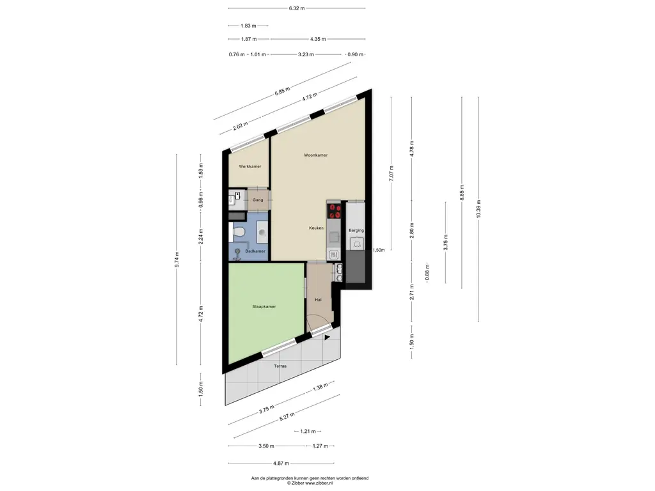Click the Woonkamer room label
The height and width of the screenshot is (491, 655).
click(x=315, y=155)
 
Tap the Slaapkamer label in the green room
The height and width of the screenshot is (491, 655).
click(x=264, y=306)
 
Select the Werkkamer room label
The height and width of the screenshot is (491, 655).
click(x=250, y=167)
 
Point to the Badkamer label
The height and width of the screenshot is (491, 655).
click(x=255, y=251)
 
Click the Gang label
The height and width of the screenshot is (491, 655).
click(x=258, y=200)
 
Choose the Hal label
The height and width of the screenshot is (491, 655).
click(x=319, y=300)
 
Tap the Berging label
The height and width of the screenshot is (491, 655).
click(x=356, y=230)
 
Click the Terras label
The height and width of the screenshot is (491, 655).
click(x=280, y=366)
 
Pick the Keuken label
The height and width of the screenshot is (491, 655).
click(x=316, y=228)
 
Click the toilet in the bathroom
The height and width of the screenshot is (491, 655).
click(x=237, y=232)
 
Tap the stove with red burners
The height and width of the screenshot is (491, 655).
click(x=334, y=211)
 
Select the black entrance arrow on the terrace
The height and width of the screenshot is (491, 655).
click(x=327, y=338)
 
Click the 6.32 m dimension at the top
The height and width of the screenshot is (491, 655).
click(x=297, y=8)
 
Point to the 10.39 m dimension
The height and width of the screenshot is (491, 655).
click(x=478, y=208)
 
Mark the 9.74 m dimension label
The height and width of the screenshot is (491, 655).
click(x=177, y=259)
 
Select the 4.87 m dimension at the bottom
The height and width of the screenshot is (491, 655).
click(x=281, y=463)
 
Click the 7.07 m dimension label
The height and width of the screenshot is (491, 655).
click(x=391, y=173)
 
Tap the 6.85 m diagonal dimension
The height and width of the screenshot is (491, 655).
click(x=282, y=91)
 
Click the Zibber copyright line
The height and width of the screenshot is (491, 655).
click(x=310, y=483)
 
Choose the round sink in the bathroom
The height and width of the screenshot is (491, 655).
click(x=262, y=232)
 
